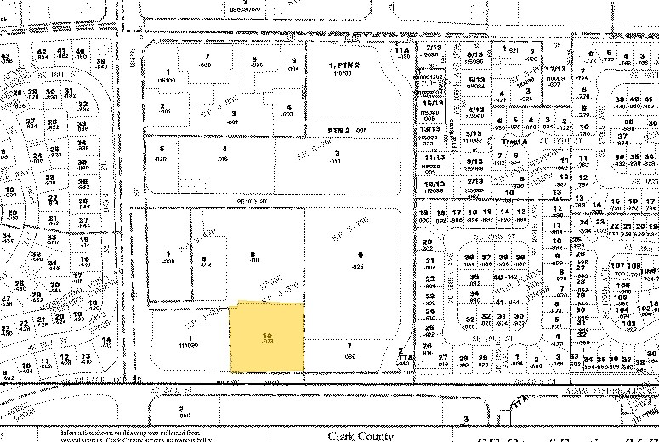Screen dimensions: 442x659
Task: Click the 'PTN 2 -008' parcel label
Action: click(x=349, y=129)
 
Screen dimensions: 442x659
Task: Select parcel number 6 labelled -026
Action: click(x=361, y=260)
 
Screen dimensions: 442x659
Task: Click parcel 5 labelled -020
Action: click(x=162, y=153)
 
